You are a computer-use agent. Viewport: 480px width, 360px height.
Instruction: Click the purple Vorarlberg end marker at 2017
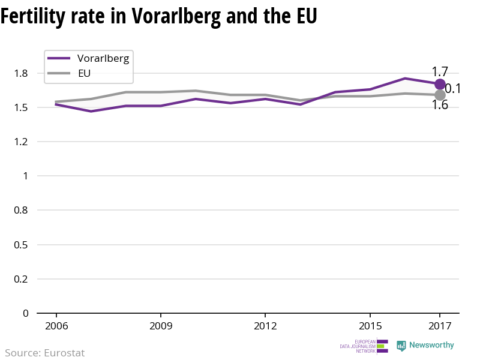point(440,85)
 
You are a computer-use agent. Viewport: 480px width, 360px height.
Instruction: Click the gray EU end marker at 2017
point(440,95)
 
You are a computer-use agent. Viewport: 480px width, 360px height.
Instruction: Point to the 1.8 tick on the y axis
point(21,73)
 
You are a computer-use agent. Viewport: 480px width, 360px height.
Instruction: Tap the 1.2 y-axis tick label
point(21,142)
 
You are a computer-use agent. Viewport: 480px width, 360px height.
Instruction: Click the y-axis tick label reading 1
point(25,176)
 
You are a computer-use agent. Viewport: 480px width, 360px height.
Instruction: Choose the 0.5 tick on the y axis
point(21,245)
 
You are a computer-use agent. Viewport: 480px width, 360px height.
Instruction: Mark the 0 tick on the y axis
point(25,313)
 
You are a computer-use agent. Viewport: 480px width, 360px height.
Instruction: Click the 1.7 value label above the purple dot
point(440,71)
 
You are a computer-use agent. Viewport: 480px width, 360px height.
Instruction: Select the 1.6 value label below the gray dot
point(440,106)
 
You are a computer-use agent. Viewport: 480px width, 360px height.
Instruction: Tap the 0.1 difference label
point(452,89)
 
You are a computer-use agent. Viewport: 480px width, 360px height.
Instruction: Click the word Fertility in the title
point(37,16)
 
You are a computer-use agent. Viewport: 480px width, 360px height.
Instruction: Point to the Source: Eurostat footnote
point(45,353)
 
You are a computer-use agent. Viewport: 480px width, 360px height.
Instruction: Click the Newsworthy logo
point(425,346)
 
